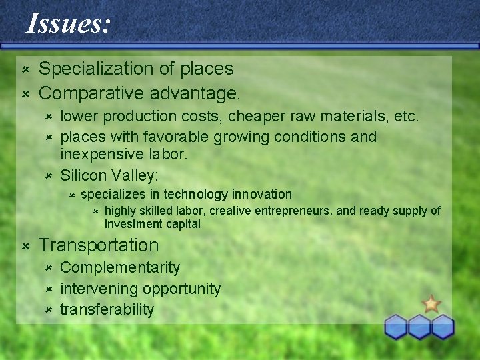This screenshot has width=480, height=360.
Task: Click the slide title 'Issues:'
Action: click(68, 25)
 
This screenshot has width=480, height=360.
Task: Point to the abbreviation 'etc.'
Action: click(405, 117)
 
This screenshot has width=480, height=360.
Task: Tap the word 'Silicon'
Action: click(83, 175)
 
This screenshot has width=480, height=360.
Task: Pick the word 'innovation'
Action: click(262, 195)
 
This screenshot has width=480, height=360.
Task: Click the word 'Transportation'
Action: click(99, 245)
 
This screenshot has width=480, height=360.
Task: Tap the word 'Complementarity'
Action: click(120, 267)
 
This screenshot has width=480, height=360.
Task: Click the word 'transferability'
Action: click(107, 309)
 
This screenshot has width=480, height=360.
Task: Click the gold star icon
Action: click(431, 304)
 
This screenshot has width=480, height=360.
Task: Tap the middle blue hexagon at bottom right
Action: click(419, 327)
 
